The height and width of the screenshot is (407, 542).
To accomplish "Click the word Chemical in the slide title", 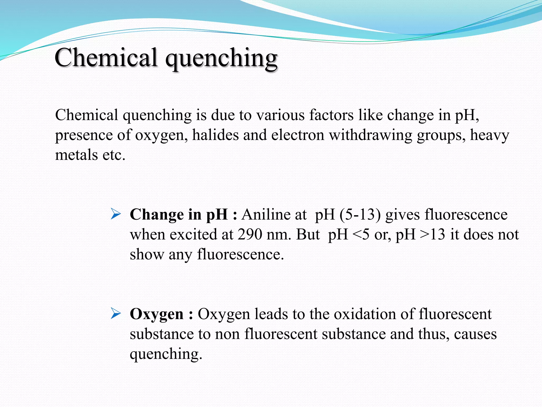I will click(106, 57).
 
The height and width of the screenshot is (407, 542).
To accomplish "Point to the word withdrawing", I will click(371, 135).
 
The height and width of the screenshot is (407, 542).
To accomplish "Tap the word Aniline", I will click(274, 214).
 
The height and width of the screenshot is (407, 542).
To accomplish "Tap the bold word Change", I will click(157, 214).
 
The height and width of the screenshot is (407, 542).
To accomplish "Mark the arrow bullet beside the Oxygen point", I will click(116, 314).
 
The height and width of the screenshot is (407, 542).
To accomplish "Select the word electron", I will click(298, 135).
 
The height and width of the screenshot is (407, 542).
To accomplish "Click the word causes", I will click(475, 334).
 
